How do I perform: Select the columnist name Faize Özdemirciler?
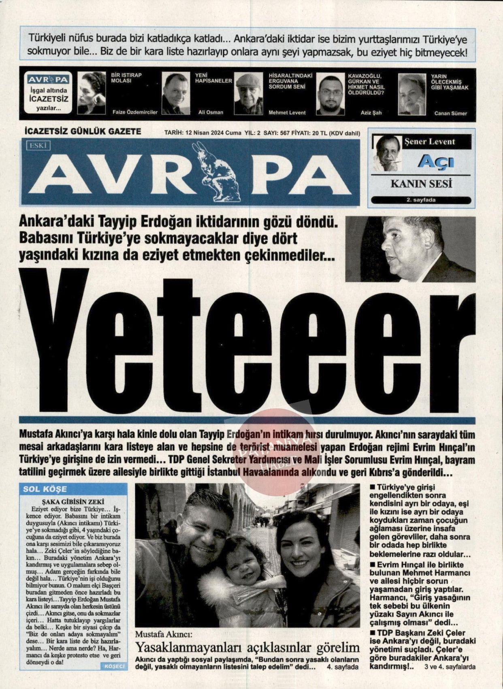coord(135,112)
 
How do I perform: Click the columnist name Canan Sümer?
coord(450,113)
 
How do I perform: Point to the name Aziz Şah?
coord(371,113)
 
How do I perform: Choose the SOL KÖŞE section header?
coord(45,489)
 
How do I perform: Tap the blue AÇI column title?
coord(436,162)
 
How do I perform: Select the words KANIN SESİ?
coord(421,184)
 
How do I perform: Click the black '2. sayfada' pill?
coord(421,200)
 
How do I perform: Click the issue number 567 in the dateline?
coord(284,133)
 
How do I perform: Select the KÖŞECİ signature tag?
coord(115,666)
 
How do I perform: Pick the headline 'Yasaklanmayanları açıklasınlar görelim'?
coord(247,647)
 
